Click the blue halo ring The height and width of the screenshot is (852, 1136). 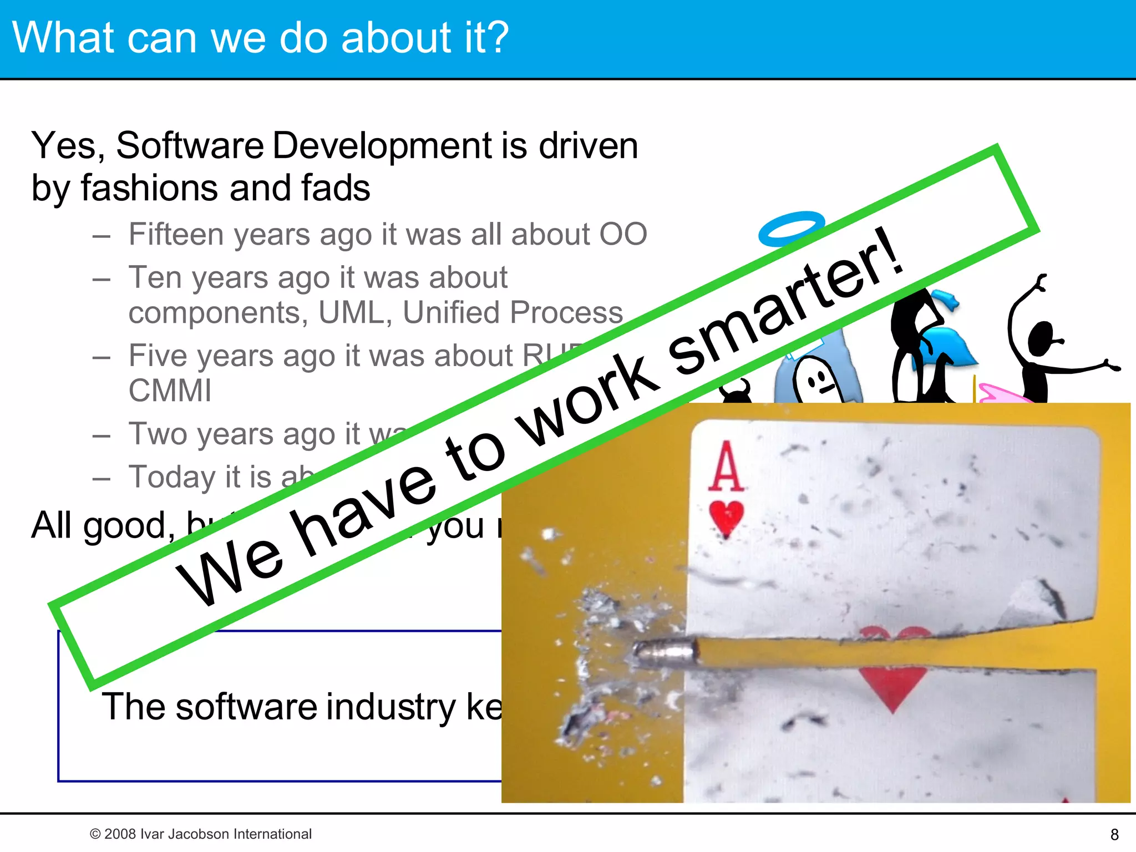click(790, 229)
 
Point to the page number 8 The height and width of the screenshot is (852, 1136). click(1114, 834)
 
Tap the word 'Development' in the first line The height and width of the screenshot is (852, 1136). click(382, 145)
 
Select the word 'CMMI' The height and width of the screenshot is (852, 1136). click(170, 390)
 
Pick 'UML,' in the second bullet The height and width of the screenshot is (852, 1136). click(355, 312)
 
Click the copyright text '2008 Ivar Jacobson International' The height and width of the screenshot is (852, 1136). click(207, 834)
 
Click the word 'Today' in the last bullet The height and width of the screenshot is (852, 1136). click(172, 477)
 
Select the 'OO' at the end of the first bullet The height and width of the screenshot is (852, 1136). click(623, 234)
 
